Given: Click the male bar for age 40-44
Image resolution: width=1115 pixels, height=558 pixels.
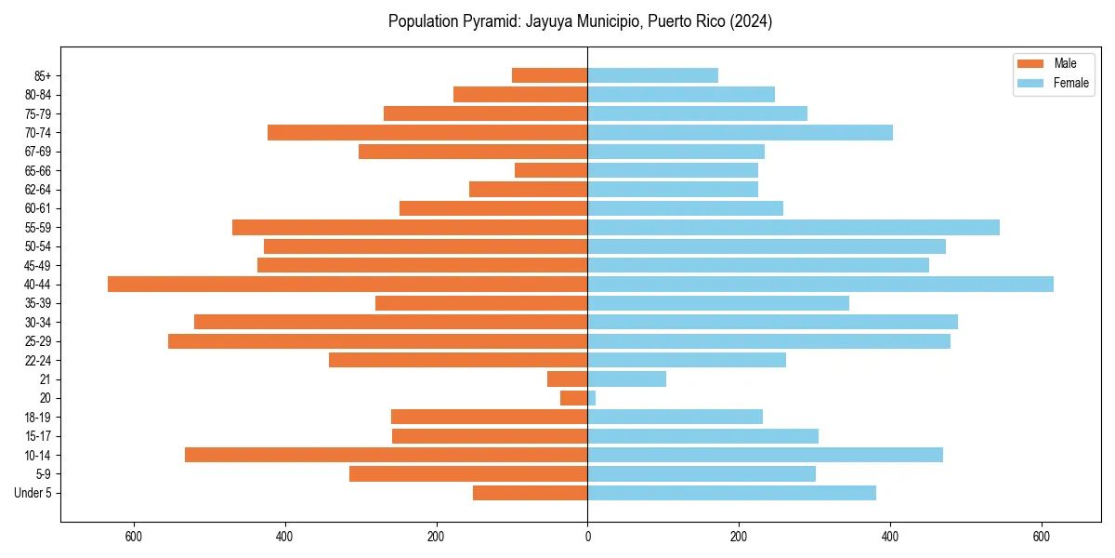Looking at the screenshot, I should coord(348,285).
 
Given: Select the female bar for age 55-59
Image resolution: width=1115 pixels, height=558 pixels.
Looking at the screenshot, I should coord(794,228).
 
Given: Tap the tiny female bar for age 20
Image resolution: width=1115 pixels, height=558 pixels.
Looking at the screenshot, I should coord(592,398).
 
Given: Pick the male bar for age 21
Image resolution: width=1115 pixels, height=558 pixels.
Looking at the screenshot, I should coord(568,379).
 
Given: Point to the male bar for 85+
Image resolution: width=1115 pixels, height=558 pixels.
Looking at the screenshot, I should coord(550,75).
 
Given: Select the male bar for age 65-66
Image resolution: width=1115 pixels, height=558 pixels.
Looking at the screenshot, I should coord(551,170).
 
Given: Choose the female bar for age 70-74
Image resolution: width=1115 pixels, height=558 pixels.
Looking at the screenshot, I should coord(740,133).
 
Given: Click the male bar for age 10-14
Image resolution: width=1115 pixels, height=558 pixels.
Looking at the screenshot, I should coord(386,455).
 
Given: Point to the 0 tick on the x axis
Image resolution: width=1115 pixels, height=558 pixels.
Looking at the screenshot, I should coord(587,537).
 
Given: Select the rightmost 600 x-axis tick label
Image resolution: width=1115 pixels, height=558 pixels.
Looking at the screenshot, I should coord(1042,537).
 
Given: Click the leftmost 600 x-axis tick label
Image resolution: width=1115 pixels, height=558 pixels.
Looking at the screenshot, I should coord(133,537).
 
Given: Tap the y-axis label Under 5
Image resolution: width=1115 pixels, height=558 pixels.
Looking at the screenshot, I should coord(33,493).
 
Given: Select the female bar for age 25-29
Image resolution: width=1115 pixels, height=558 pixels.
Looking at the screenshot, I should coord(768,341).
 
